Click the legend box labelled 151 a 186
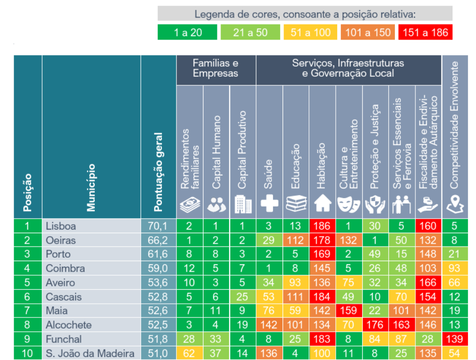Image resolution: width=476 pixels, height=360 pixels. click(425, 33)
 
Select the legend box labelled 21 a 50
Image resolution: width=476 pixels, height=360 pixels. click(250, 33)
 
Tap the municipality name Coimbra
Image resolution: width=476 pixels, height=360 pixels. click(65, 268)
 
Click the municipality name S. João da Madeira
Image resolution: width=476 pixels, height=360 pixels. click(90, 353)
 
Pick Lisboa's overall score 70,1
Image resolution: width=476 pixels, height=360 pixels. click(158, 226)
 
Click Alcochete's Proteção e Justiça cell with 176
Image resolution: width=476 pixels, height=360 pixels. click(375, 325)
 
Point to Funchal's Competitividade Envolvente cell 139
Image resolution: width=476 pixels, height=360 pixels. click(454, 339)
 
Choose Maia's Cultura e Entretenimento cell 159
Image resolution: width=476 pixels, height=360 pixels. click(349, 311)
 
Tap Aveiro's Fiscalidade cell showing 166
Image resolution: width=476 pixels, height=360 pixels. click(428, 282)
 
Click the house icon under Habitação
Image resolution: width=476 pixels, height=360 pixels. click(323, 203)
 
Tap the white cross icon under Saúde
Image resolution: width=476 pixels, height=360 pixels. click(270, 203)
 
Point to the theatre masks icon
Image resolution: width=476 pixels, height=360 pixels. click(349, 203)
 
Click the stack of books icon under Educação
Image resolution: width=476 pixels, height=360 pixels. click(296, 203)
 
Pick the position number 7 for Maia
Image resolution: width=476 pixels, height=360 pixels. click(28, 311)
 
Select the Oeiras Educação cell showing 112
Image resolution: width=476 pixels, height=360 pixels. click(296, 240)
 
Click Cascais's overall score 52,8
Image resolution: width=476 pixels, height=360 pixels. click(158, 297)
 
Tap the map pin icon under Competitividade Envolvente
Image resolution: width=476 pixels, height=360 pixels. click(454, 203)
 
